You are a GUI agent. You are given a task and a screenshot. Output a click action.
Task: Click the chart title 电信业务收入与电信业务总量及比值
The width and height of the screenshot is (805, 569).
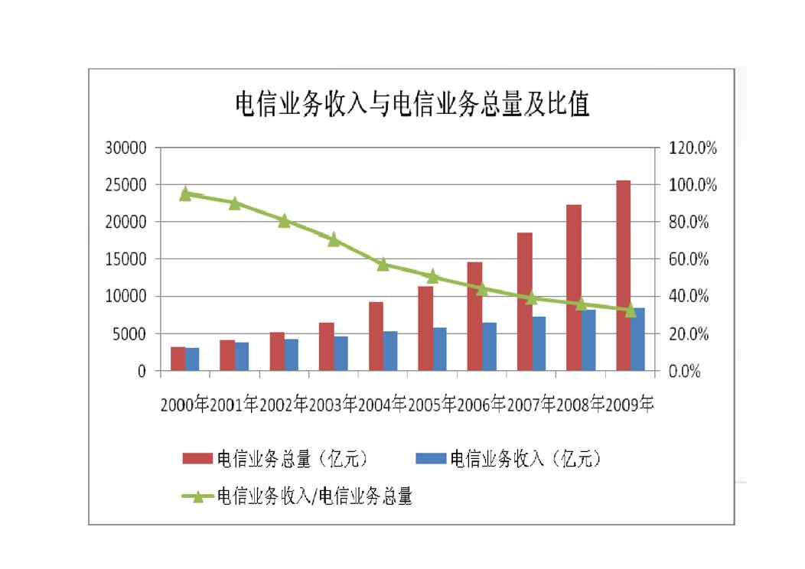point(412,105)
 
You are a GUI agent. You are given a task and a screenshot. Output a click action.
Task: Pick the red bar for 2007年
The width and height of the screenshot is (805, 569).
point(525,301)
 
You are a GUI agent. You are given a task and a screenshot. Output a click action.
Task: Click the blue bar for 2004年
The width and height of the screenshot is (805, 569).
point(391,351)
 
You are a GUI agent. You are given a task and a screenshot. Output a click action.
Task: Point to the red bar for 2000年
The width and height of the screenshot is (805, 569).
point(178,359)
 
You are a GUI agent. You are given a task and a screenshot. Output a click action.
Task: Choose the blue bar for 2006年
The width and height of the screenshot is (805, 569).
point(490,346)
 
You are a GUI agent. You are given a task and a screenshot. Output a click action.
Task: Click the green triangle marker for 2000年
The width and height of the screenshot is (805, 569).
point(185,194)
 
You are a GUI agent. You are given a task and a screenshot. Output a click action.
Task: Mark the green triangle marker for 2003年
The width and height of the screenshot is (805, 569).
point(334,239)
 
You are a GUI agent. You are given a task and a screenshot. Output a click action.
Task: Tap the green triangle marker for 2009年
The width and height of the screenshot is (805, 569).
point(631,310)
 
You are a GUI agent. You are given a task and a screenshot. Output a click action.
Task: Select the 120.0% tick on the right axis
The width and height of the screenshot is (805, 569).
point(693,148)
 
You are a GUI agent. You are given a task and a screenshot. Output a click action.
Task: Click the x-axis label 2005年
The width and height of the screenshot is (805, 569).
point(432,405)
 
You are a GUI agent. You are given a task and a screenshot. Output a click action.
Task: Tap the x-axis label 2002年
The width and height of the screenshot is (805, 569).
point(283,405)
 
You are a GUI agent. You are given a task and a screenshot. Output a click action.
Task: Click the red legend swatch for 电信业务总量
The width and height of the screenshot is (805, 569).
point(197,459)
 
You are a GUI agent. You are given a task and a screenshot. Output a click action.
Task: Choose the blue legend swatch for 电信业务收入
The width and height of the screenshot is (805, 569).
point(429,459)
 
